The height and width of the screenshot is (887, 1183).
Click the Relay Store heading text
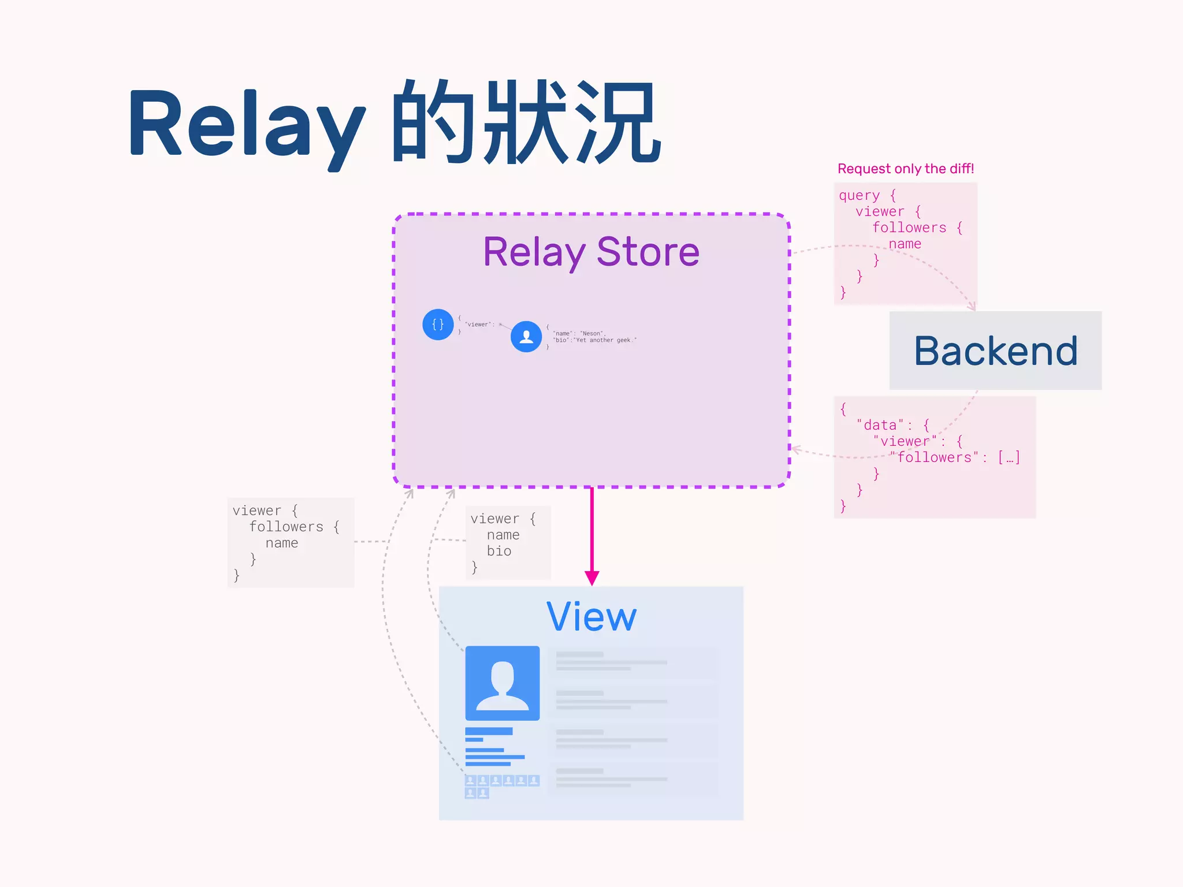(x=591, y=252)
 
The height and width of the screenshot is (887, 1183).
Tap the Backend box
(x=995, y=351)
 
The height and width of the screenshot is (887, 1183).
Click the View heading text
(x=591, y=617)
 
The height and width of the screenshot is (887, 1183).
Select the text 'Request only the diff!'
(x=905, y=169)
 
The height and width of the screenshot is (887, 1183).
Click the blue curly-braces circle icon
(x=438, y=325)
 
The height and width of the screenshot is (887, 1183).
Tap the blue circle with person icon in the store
(x=526, y=337)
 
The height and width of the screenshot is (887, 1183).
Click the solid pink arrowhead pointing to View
(x=591, y=577)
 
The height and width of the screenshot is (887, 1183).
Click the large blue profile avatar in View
(x=502, y=683)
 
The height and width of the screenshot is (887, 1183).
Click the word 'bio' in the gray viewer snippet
(x=499, y=551)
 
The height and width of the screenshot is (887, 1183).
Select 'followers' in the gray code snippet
(x=286, y=527)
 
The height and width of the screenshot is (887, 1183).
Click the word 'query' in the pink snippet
(x=859, y=195)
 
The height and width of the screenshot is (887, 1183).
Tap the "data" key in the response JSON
(x=880, y=425)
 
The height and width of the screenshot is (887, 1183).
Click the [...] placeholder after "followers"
(x=1009, y=457)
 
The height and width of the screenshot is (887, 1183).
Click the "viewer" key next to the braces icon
(x=477, y=325)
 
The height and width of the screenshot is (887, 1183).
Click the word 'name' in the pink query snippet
(x=905, y=244)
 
